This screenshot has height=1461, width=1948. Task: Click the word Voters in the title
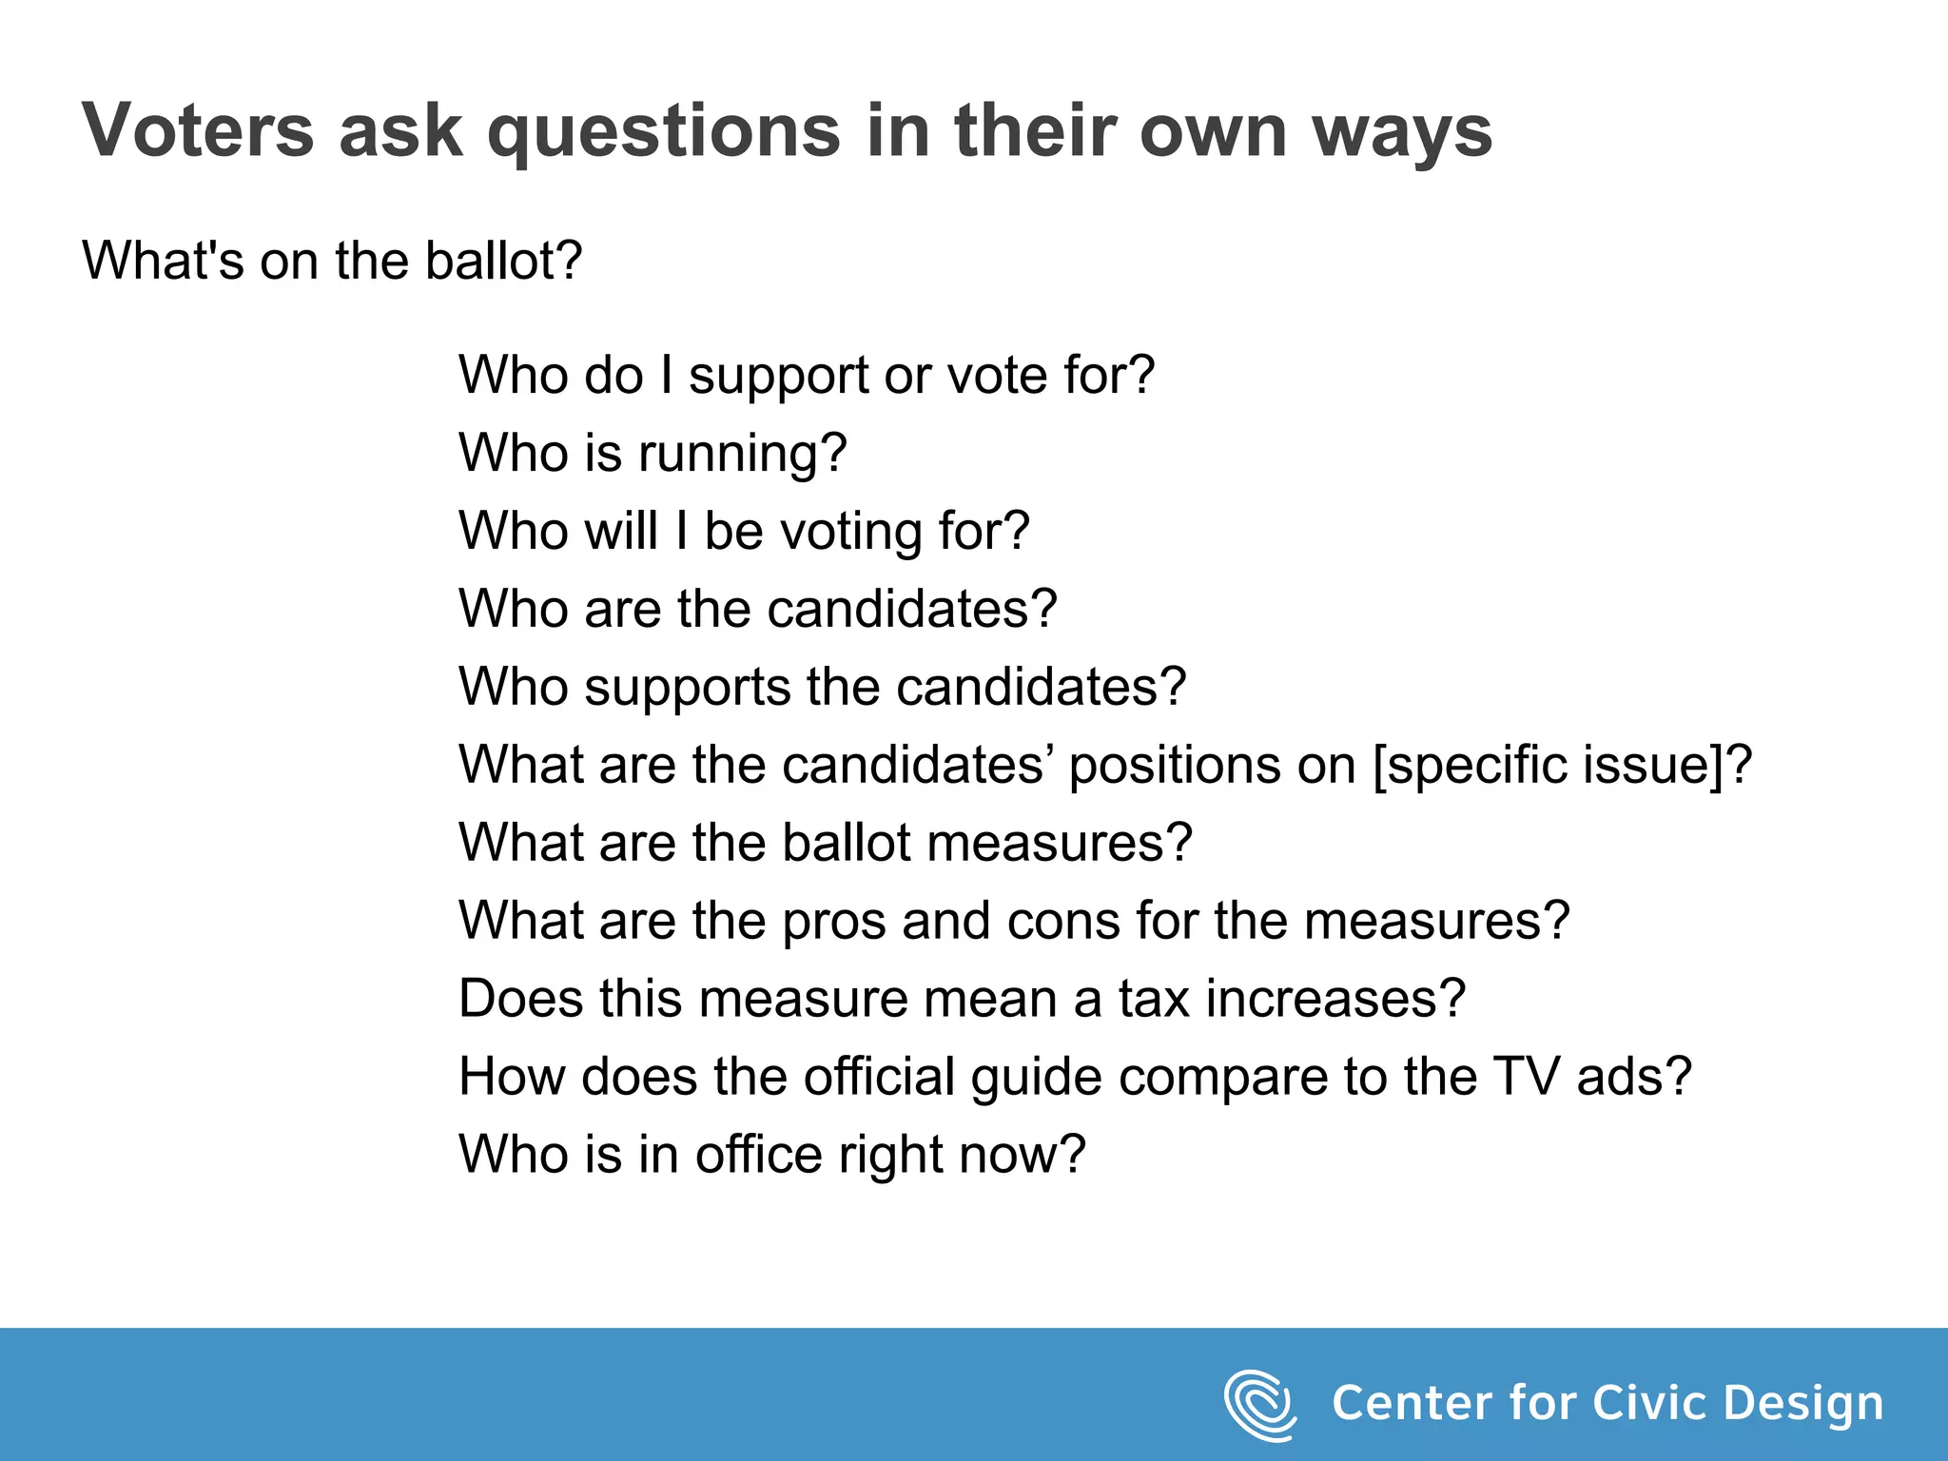(198, 129)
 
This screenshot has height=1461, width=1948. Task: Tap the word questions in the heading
(664, 131)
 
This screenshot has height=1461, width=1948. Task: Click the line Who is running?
(653, 453)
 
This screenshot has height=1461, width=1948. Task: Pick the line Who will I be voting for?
(744, 531)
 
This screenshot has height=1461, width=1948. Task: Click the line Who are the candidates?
(758, 609)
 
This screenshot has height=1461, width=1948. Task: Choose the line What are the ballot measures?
(825, 843)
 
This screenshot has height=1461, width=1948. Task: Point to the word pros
(832, 922)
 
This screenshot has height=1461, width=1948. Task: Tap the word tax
(1153, 999)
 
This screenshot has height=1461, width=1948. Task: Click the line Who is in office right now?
(771, 1155)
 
